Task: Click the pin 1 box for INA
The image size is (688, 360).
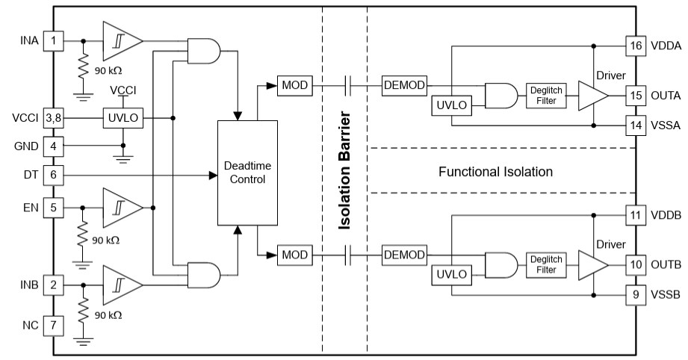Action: [x=53, y=39]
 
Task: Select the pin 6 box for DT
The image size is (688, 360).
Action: [x=53, y=176]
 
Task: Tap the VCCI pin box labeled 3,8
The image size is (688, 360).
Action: [x=53, y=118]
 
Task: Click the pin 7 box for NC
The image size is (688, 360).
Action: [x=53, y=325]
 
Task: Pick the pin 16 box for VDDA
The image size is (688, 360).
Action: [x=635, y=46]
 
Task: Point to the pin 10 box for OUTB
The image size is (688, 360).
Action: [x=635, y=265]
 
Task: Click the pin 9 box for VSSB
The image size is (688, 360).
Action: [x=635, y=294]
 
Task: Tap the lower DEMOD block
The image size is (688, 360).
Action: [x=404, y=255]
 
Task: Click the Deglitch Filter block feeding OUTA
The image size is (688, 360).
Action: [x=546, y=96]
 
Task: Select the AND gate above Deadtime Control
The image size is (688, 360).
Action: [x=202, y=51]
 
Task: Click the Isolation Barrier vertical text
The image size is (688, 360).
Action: [x=344, y=171]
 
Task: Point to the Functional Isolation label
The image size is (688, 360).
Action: [x=495, y=172]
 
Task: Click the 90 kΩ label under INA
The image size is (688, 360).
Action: [x=106, y=72]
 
